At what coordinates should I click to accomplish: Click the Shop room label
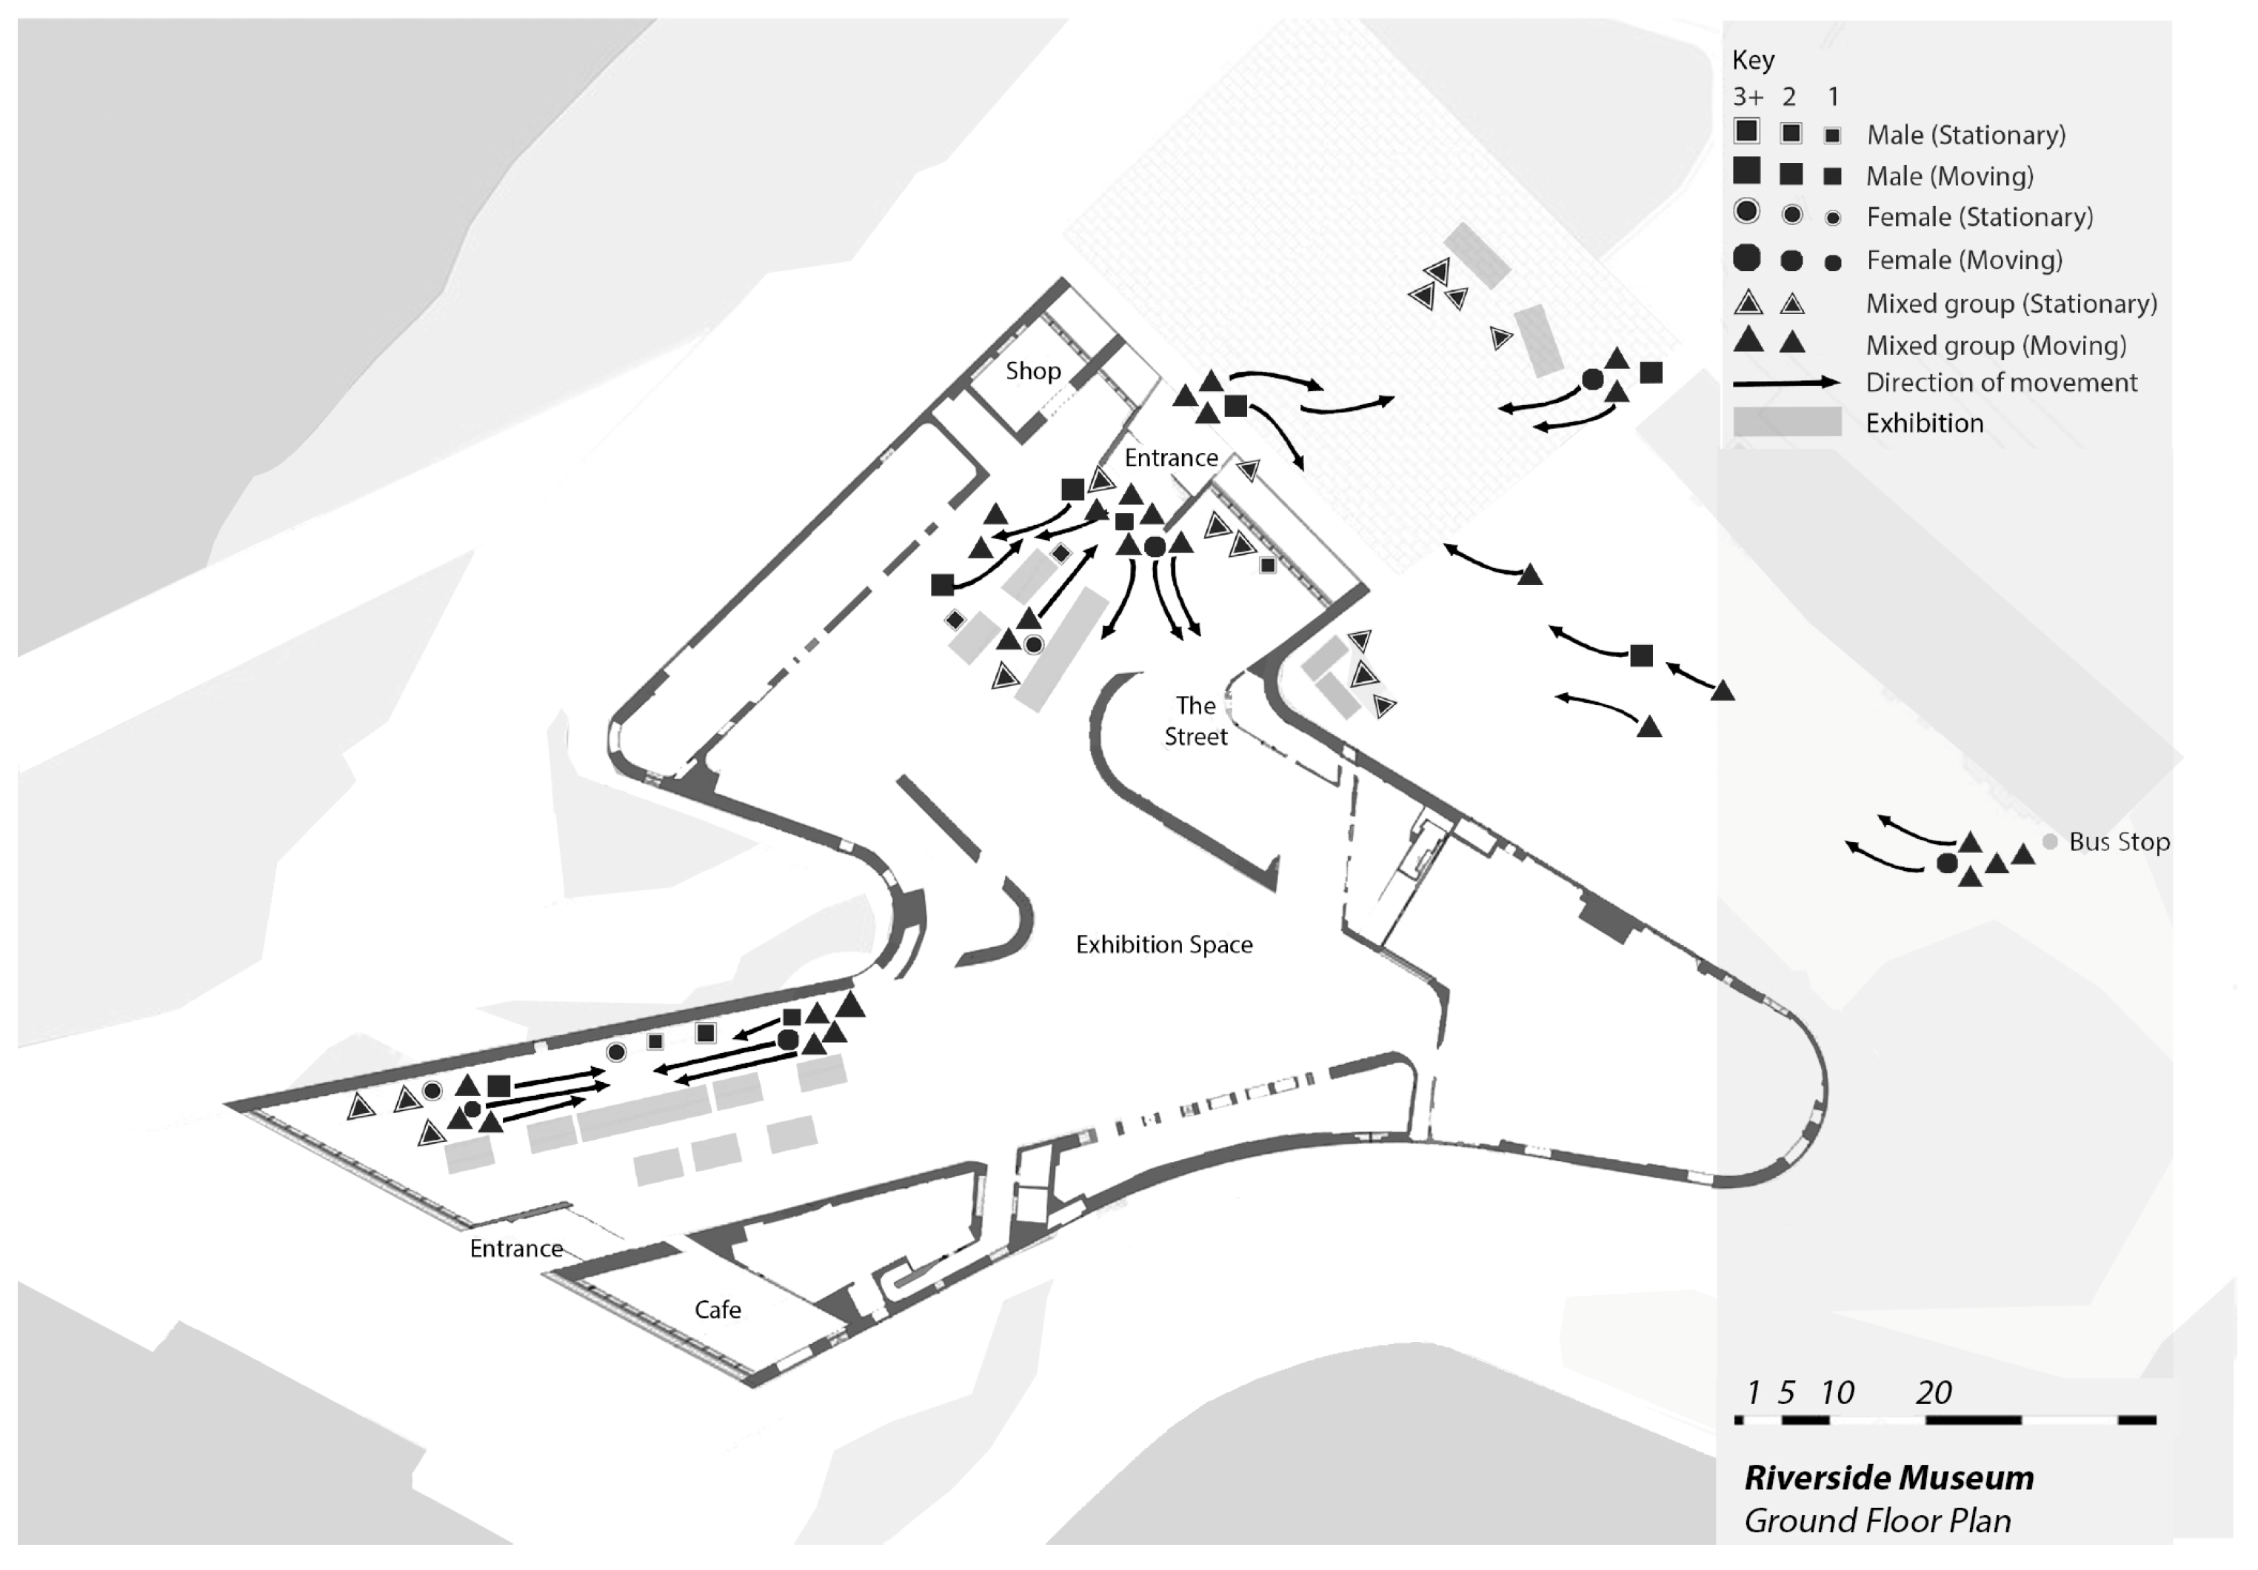click(x=1032, y=371)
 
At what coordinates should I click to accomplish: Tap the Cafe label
click(x=717, y=1309)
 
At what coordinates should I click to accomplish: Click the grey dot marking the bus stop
click(x=2049, y=842)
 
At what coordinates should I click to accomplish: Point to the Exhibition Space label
click(x=1163, y=944)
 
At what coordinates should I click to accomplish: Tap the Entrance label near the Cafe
click(x=515, y=1249)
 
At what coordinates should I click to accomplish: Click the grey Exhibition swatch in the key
click(x=1786, y=422)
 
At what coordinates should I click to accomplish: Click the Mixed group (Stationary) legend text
click(x=2011, y=303)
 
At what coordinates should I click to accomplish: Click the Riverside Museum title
click(x=1888, y=1477)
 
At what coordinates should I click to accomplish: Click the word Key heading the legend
click(x=1752, y=60)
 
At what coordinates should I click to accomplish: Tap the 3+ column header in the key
click(x=1748, y=96)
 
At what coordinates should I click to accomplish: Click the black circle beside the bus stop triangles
click(x=1946, y=863)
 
